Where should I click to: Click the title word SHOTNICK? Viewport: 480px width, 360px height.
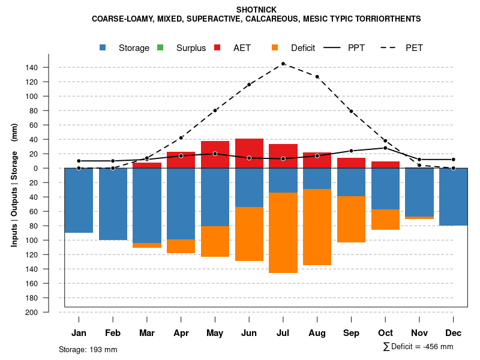click(x=256, y=10)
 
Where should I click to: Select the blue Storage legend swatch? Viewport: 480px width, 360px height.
click(x=103, y=47)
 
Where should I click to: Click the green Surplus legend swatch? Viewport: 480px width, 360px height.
click(x=160, y=47)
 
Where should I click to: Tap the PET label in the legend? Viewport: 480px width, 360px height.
click(x=414, y=48)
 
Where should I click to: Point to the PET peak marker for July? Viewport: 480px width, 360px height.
click(x=283, y=64)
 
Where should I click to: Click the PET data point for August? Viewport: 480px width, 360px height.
click(x=317, y=77)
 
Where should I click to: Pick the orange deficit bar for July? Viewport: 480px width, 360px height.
click(x=283, y=233)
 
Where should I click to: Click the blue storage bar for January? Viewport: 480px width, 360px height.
click(x=79, y=200)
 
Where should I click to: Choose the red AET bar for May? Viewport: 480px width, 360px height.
click(x=215, y=154)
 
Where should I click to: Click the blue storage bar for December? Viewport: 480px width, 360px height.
click(x=453, y=197)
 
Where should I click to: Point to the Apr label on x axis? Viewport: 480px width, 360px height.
click(x=181, y=333)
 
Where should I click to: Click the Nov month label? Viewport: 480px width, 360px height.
click(x=419, y=333)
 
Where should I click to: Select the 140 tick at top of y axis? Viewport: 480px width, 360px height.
click(x=32, y=67)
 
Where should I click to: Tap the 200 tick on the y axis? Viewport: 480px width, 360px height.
click(x=32, y=312)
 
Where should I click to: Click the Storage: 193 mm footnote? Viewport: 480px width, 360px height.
click(x=88, y=349)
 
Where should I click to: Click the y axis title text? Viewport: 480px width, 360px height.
click(x=14, y=185)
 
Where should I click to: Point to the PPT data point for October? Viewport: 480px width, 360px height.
click(x=385, y=148)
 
